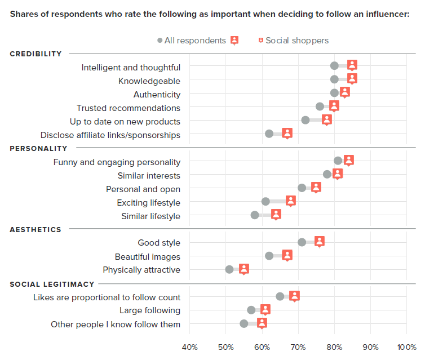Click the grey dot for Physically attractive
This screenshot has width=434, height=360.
pyautogui.click(x=229, y=269)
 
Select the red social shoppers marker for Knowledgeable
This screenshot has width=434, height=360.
pyautogui.click(x=352, y=79)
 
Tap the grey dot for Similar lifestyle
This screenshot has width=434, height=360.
pyautogui.click(x=255, y=215)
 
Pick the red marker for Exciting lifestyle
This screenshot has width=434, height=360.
pyautogui.click(x=291, y=201)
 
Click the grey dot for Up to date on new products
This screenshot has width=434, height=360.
pyautogui.click(x=305, y=120)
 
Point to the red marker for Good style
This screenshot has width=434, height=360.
pyautogui.click(x=320, y=241)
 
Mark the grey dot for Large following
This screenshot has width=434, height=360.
pyautogui.click(x=251, y=310)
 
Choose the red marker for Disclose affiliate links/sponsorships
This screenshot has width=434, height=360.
pyautogui.click(x=287, y=133)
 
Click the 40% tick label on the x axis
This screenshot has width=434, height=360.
pyautogui.click(x=189, y=346)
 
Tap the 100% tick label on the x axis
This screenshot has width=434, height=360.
pyautogui.click(x=406, y=346)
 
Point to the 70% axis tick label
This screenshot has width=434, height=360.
pyautogui.click(x=298, y=346)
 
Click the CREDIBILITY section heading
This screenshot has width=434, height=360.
pyautogui.click(x=36, y=54)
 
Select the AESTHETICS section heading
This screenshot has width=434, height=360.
pyautogui.click(x=36, y=230)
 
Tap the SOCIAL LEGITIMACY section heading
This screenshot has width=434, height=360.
pyautogui.click(x=52, y=285)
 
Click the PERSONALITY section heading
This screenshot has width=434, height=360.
pyautogui.click(x=38, y=149)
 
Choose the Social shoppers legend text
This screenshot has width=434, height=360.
pyautogui.click(x=297, y=41)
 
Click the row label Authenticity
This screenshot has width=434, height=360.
pyautogui.click(x=157, y=95)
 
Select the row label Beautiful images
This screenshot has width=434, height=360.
pyautogui.click(x=148, y=256)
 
